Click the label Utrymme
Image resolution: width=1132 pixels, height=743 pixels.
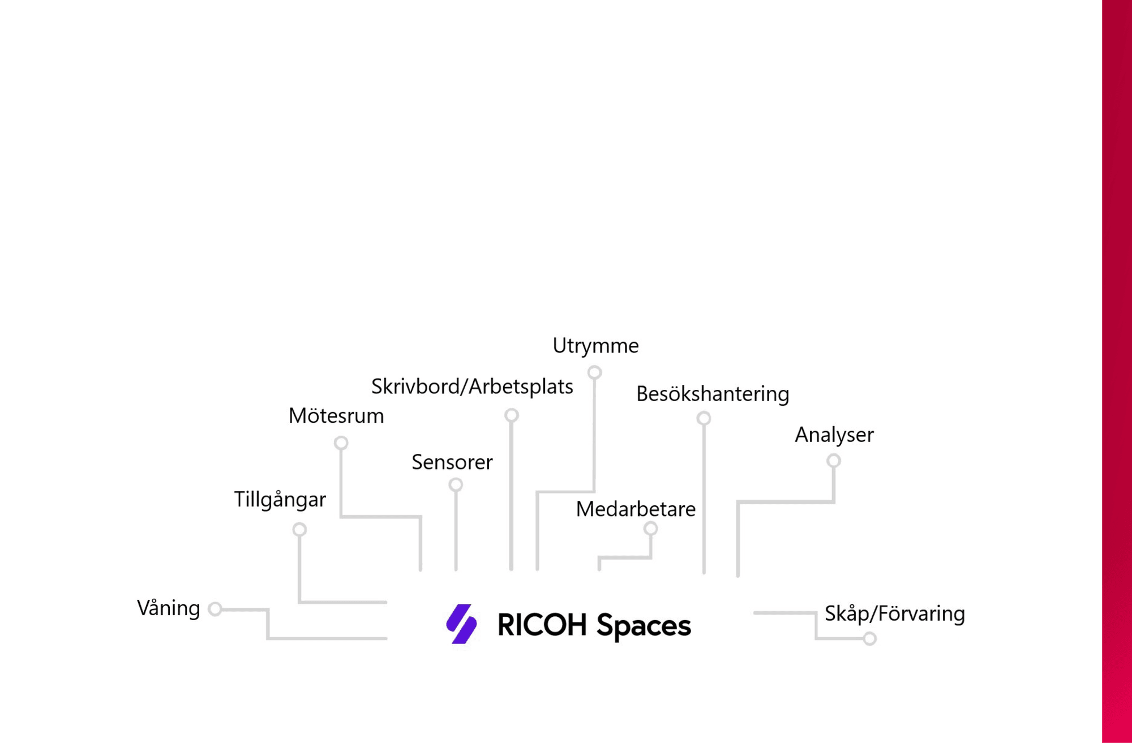(x=595, y=346)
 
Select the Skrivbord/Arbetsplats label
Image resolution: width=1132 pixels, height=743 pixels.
(x=472, y=387)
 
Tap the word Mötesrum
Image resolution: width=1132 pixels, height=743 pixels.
(x=336, y=416)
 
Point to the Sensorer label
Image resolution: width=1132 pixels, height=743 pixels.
(x=452, y=462)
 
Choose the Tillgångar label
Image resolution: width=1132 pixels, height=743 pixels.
(x=280, y=500)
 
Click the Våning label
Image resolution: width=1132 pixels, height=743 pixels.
(x=168, y=608)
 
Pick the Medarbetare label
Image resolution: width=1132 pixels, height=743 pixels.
(x=636, y=509)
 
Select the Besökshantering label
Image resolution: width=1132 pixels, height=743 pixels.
(x=713, y=394)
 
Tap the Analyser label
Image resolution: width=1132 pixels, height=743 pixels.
(x=834, y=435)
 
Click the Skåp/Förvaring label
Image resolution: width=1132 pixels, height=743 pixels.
(x=895, y=614)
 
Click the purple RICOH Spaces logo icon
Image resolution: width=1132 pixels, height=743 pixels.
(x=461, y=624)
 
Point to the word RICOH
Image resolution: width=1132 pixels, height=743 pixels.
(x=542, y=625)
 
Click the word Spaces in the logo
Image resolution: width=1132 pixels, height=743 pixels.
(x=644, y=626)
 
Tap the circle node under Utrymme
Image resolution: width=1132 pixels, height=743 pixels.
(x=594, y=372)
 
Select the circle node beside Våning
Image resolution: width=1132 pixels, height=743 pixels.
(x=215, y=609)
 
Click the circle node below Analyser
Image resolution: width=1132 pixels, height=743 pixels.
(x=834, y=461)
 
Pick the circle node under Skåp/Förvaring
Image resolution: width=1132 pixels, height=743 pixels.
(x=870, y=639)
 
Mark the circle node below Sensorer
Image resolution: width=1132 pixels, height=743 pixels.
(x=456, y=485)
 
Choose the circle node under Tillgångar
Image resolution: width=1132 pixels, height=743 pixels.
(x=299, y=530)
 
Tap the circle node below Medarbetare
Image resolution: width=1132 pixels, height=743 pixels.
(x=651, y=529)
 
